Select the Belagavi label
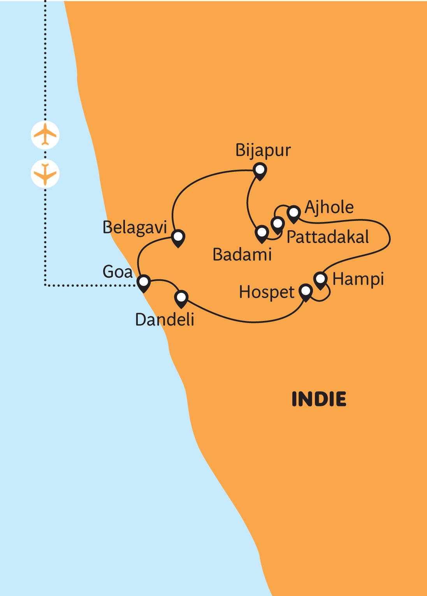[x=135, y=228]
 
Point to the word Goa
[x=118, y=272]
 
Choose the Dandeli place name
[x=165, y=319]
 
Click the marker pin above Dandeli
[x=181, y=299]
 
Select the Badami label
[x=242, y=254]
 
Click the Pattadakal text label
[x=328, y=237]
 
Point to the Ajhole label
[x=329, y=208]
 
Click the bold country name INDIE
[x=319, y=399]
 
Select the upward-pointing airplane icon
[x=45, y=135]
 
